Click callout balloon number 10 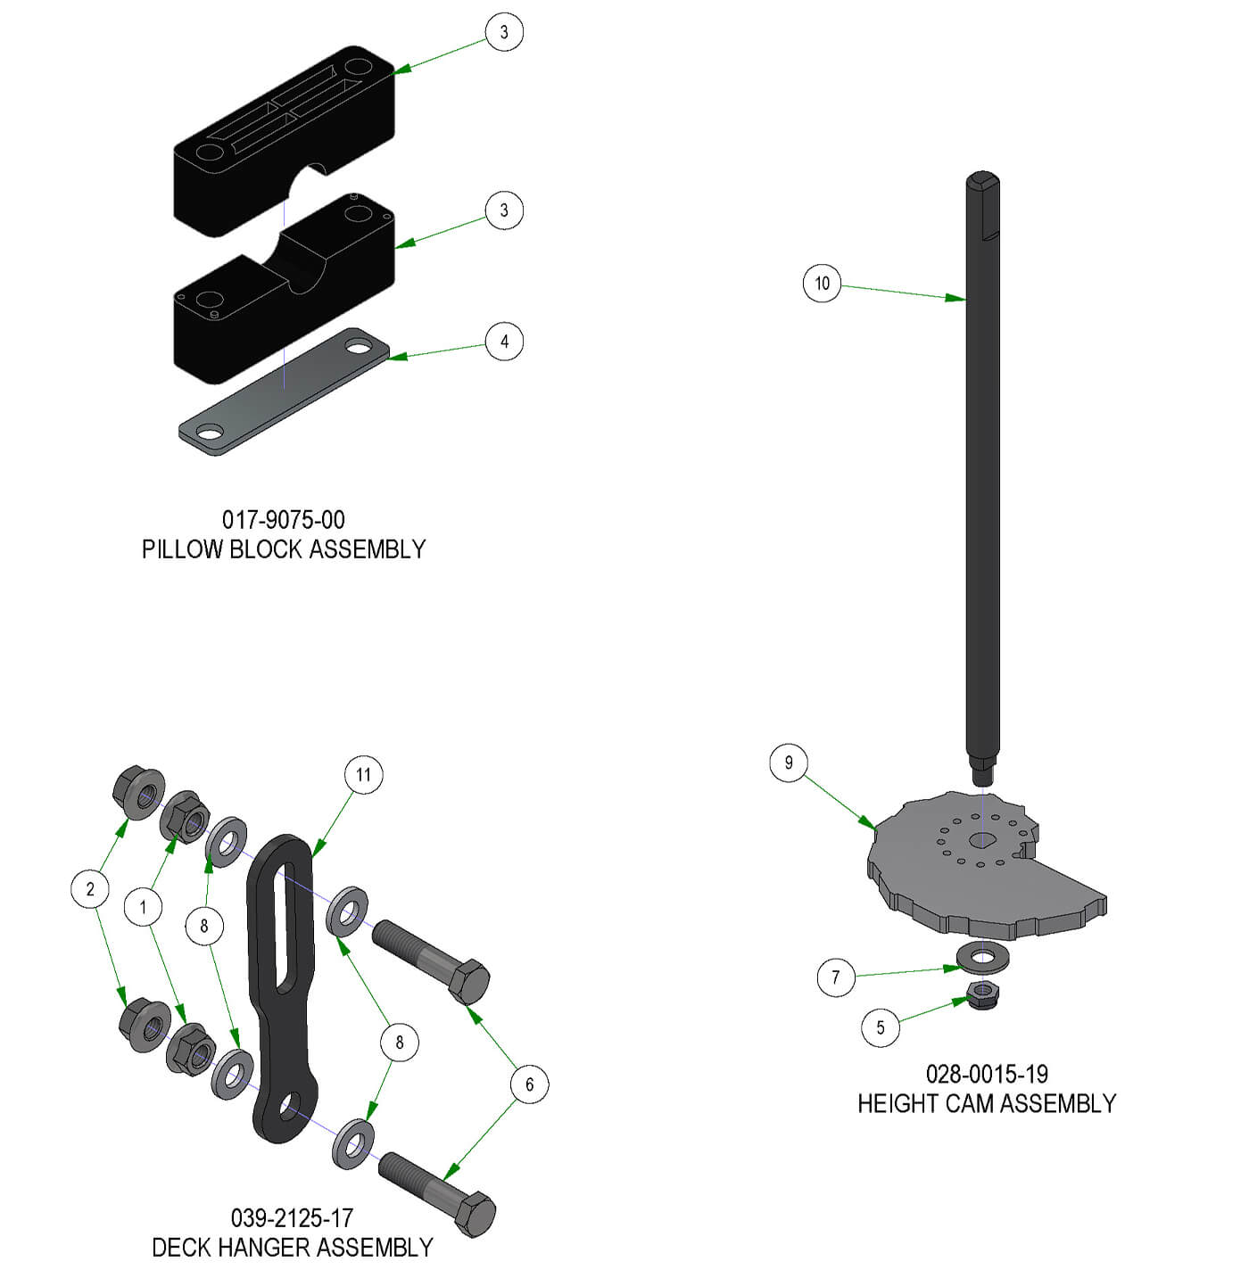click(x=822, y=283)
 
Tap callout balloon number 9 click(x=788, y=763)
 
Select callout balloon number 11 click(x=363, y=774)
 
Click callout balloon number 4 click(x=504, y=341)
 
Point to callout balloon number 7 click(x=836, y=977)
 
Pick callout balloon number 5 click(x=880, y=1027)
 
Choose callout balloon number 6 click(x=529, y=1084)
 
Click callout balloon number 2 click(x=90, y=889)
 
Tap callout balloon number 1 click(x=143, y=907)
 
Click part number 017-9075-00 click(x=283, y=519)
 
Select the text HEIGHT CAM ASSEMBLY click(x=986, y=1103)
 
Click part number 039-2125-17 click(x=292, y=1217)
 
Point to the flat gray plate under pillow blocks click(x=284, y=392)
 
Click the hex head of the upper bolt click(x=468, y=981)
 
